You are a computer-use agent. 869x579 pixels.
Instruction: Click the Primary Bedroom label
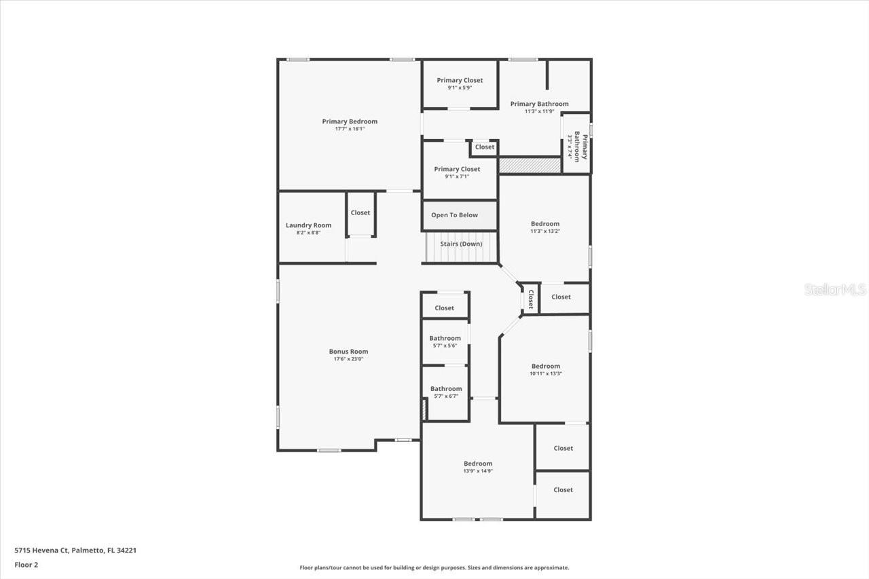coord(350,122)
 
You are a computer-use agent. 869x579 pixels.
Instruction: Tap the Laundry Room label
coord(308,225)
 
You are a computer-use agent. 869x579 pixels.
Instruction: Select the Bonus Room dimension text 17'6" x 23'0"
coord(348,359)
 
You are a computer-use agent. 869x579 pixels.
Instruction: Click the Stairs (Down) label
coord(461,244)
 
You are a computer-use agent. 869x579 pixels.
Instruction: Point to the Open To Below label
coord(454,215)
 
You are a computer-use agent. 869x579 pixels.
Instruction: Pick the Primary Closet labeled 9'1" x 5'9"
coord(460,80)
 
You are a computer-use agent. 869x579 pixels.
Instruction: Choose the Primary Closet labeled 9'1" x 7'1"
coord(457,169)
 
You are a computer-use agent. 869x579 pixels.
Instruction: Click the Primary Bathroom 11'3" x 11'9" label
coord(539,104)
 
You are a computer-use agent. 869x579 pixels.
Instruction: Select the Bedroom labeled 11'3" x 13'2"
coord(545,224)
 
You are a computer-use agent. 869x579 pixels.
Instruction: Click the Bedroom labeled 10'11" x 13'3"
coord(546,366)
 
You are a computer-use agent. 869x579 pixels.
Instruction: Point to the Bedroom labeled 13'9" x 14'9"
coord(478,464)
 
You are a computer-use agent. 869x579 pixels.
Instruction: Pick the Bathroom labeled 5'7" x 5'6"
coord(445,338)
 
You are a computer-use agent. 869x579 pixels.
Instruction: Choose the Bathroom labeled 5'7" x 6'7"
coord(446,388)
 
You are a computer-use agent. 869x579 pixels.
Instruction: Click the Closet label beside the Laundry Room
coord(360,212)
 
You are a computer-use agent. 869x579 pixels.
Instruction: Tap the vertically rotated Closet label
coord(531,299)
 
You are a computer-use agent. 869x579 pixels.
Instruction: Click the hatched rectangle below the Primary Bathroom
coord(530,165)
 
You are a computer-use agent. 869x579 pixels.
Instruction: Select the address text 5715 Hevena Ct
coord(41,550)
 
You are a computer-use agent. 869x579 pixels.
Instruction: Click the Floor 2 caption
coord(26,565)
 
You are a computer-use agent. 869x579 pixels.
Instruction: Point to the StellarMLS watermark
coord(835,290)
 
